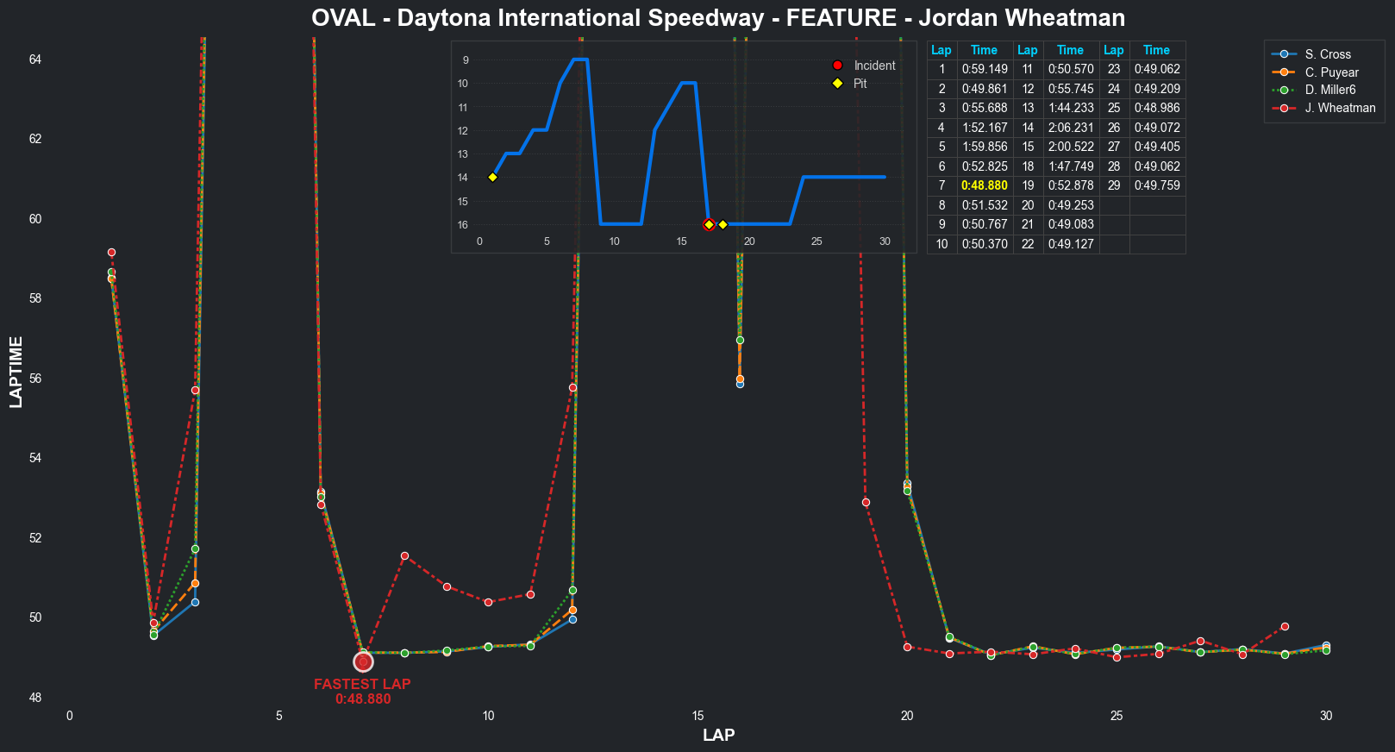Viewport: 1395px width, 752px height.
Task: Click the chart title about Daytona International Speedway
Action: coord(717,18)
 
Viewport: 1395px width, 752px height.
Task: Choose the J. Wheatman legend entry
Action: coord(1340,109)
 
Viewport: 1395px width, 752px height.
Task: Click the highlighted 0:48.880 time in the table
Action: coord(984,185)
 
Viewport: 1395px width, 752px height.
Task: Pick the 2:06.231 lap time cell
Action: coord(1070,128)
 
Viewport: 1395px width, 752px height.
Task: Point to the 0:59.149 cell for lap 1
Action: coord(984,70)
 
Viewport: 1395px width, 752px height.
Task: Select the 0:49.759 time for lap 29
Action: coord(1156,185)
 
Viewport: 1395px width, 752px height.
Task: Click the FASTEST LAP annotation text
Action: coord(362,684)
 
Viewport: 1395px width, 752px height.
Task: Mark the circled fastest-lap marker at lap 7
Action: coord(363,662)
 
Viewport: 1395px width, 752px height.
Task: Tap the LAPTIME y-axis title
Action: coord(16,372)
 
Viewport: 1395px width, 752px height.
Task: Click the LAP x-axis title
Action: coord(718,735)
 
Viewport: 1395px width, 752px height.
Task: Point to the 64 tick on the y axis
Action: coord(34,60)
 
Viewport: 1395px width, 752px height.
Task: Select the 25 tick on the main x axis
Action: coord(1117,716)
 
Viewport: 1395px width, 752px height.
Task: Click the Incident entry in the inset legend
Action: coord(874,66)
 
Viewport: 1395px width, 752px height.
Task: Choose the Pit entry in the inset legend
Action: coord(860,84)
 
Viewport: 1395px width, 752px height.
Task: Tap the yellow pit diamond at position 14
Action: coord(492,178)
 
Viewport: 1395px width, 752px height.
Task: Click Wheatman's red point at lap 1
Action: coord(111,253)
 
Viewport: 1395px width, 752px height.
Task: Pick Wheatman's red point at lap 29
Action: coord(1285,627)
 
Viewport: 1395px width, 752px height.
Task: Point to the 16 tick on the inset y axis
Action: coord(463,225)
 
